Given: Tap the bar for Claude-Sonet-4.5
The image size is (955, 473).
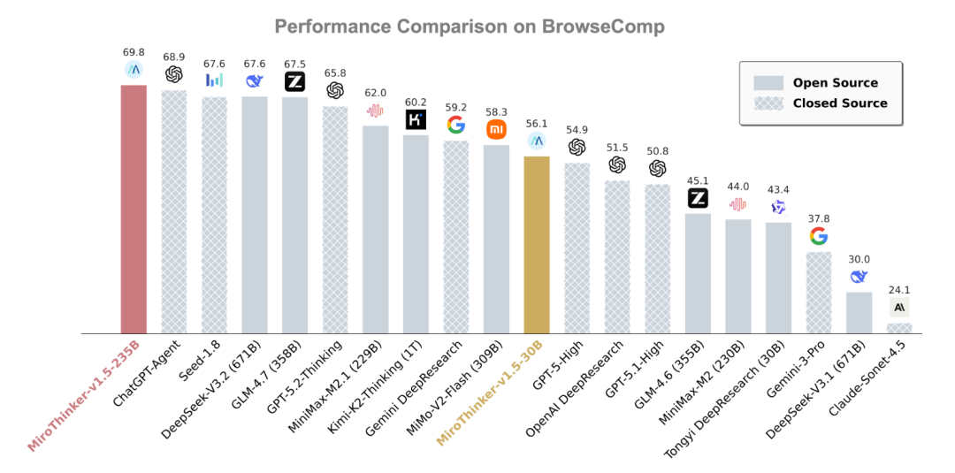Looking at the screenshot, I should pyautogui.click(x=899, y=328).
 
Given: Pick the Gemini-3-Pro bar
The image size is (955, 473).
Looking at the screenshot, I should pyautogui.click(x=819, y=293).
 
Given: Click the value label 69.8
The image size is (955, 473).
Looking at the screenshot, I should pyautogui.click(x=134, y=53).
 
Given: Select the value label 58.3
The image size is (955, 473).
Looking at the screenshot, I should pyautogui.click(x=497, y=111).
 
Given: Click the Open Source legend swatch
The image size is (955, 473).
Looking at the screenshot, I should pyautogui.click(x=768, y=83).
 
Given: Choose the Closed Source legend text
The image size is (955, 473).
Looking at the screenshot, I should pyautogui.click(x=840, y=103).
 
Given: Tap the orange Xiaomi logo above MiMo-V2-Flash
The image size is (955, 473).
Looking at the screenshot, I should pyautogui.click(x=497, y=130).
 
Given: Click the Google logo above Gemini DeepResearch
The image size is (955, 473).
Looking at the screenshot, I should pyautogui.click(x=456, y=125).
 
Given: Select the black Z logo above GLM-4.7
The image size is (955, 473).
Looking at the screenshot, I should pyautogui.click(x=295, y=82).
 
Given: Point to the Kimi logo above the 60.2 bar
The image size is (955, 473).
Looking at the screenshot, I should pyautogui.click(x=416, y=119).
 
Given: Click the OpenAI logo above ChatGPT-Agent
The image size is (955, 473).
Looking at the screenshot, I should pyautogui.click(x=173, y=75).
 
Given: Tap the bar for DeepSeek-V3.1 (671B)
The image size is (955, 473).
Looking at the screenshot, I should pyautogui.click(x=859, y=312).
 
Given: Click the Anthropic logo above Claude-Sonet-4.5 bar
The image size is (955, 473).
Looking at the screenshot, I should pyautogui.click(x=900, y=307).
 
